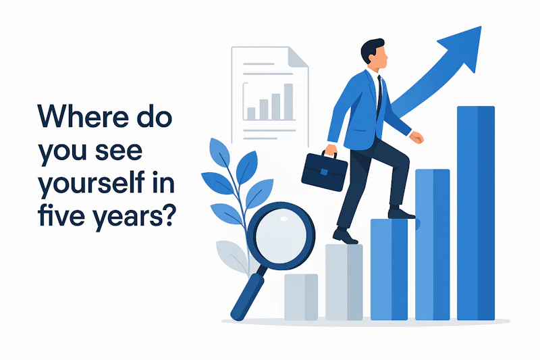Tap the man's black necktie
379,95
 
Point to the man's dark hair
371,49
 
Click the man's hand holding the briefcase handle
331,150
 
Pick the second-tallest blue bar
432,244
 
